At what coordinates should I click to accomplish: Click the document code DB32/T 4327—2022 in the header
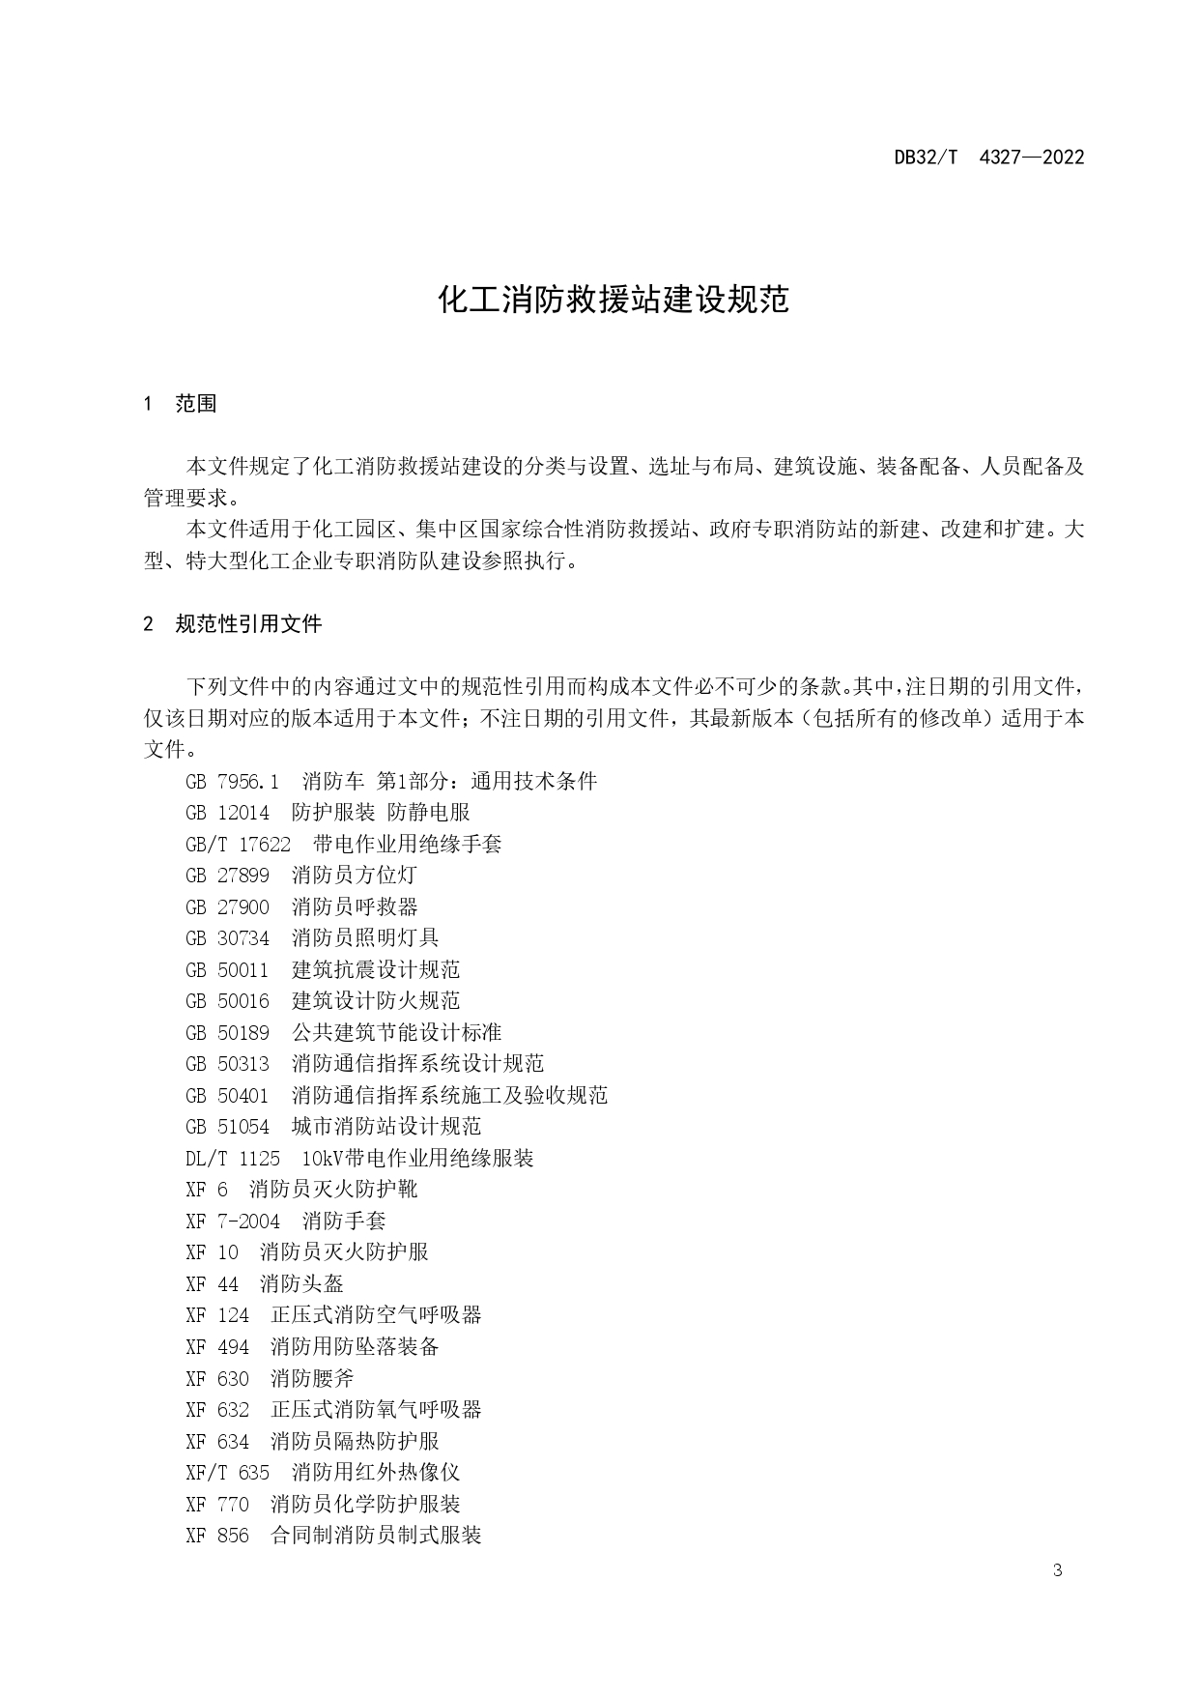click(988, 158)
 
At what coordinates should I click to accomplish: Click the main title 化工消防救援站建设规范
click(614, 300)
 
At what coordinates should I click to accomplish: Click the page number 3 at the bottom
click(1057, 1570)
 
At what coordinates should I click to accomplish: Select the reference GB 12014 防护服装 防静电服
click(328, 813)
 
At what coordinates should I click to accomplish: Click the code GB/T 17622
click(238, 844)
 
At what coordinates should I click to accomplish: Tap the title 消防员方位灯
click(354, 876)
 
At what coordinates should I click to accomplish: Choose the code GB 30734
click(227, 938)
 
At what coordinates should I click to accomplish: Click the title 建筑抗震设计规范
click(375, 969)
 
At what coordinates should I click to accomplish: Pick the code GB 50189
click(227, 1032)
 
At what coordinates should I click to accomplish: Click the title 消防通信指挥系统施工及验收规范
click(449, 1095)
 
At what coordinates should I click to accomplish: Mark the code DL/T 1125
click(233, 1158)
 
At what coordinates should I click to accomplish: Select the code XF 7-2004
click(233, 1221)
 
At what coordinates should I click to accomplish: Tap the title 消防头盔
click(301, 1283)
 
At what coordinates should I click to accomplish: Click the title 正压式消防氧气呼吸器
click(376, 1409)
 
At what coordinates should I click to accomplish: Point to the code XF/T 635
click(227, 1472)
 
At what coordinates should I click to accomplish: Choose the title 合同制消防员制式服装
click(376, 1535)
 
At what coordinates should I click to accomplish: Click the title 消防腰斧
click(312, 1378)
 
